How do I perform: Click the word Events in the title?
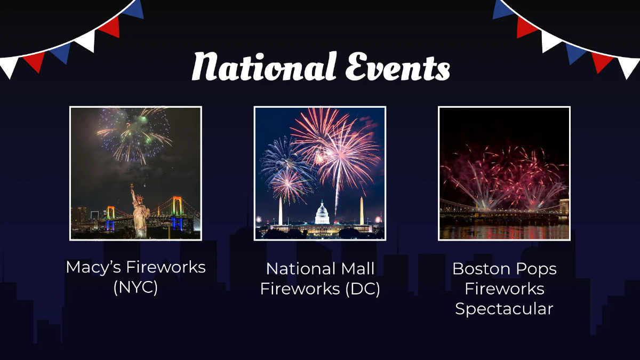[x=397, y=68]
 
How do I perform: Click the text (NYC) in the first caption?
[x=135, y=287]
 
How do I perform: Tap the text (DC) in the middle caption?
[x=362, y=289]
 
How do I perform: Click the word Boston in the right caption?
[x=481, y=269]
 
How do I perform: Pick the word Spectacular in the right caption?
[x=504, y=309]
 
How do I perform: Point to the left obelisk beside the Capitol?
[x=281, y=212]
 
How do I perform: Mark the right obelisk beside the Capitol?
[x=362, y=211]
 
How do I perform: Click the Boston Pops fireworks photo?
[x=504, y=173]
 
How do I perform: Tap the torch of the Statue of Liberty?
[x=132, y=187]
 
